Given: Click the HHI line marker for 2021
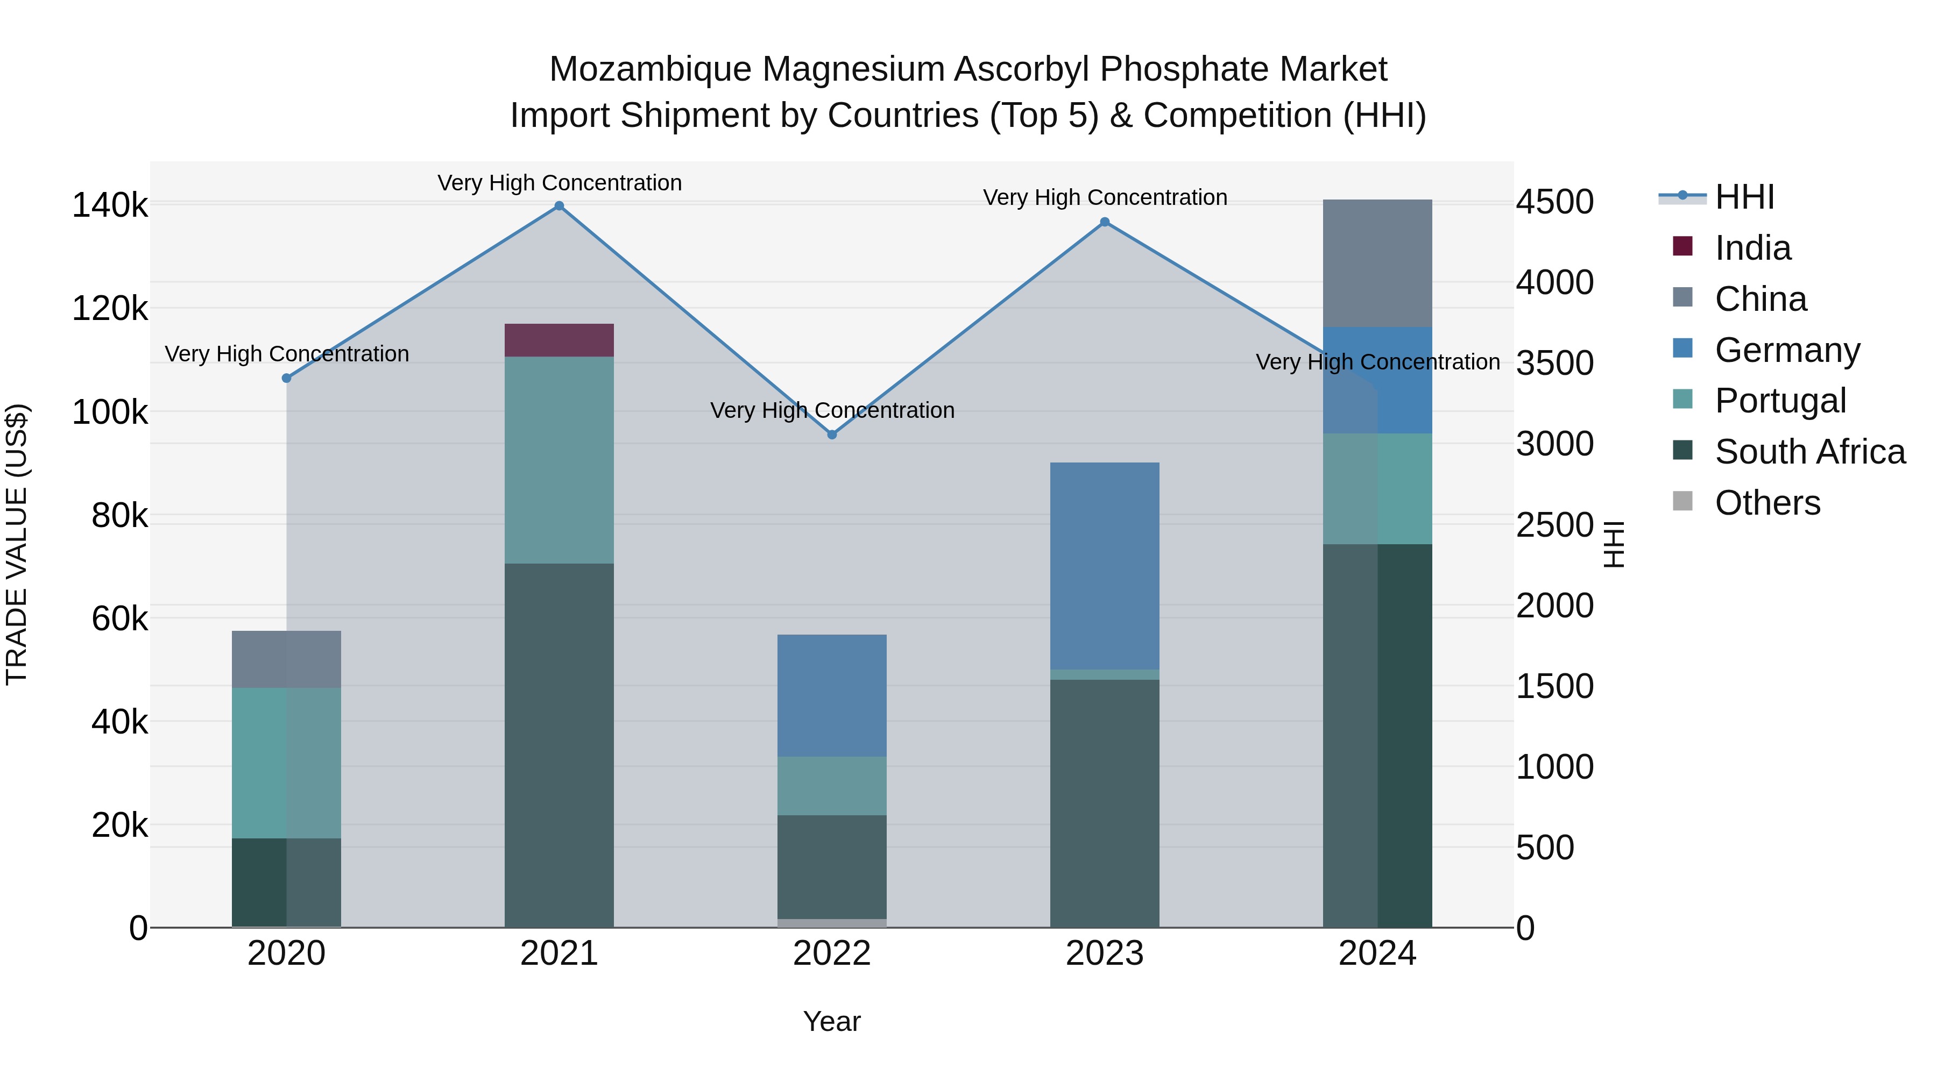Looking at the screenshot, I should (559, 206).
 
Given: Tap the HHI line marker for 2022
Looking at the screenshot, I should (832, 435).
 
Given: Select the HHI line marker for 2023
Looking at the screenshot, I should (1105, 222).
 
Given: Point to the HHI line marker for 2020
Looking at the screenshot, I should (286, 378).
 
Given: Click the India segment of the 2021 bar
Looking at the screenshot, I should (559, 340).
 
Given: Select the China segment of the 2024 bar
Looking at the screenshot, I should (1377, 263).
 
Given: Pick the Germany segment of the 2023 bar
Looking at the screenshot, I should (1105, 565).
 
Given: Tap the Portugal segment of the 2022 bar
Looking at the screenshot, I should (832, 785).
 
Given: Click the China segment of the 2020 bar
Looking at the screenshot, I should (286, 659).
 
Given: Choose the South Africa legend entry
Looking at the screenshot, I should (1809, 452).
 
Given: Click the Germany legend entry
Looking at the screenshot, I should (1786, 350).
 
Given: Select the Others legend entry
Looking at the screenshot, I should (1767, 503).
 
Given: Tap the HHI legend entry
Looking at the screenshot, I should (1744, 197).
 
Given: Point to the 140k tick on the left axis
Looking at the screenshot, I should (110, 205).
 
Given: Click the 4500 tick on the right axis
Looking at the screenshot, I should (1553, 202).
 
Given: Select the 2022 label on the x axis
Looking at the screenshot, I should (832, 953).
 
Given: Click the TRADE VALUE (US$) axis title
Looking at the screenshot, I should (17, 544).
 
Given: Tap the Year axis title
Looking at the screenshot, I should (832, 1021).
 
